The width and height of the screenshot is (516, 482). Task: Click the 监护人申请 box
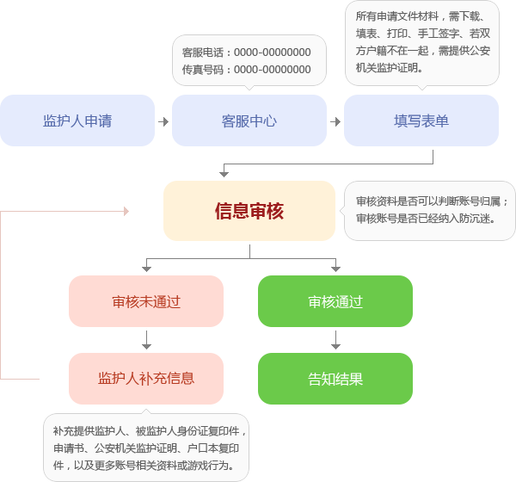[77, 120]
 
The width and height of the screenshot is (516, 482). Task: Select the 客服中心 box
[249, 120]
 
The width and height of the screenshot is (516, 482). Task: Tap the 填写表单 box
[421, 120]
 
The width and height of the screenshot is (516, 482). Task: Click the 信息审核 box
[249, 211]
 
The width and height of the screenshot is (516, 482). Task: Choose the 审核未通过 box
[146, 301]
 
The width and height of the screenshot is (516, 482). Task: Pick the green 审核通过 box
[335, 301]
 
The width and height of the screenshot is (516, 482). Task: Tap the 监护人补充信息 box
[146, 379]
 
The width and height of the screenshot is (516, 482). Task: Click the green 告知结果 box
[335, 379]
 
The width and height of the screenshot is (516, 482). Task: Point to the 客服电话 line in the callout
[247, 53]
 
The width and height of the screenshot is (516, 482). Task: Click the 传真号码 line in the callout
[247, 69]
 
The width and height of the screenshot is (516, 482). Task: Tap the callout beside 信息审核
[430, 210]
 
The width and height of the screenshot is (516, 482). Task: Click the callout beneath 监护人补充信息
[146, 448]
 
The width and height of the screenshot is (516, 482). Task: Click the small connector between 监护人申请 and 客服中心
[163, 121]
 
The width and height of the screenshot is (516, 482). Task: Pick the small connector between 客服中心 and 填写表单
[335, 121]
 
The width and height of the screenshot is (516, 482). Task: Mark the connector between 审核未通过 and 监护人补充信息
[146, 340]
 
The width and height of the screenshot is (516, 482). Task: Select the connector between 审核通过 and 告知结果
[335, 340]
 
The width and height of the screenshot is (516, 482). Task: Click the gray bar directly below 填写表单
[375, 157]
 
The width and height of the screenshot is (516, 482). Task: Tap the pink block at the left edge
[20, 343]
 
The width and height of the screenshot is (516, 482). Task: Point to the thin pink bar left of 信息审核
[64, 211]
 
